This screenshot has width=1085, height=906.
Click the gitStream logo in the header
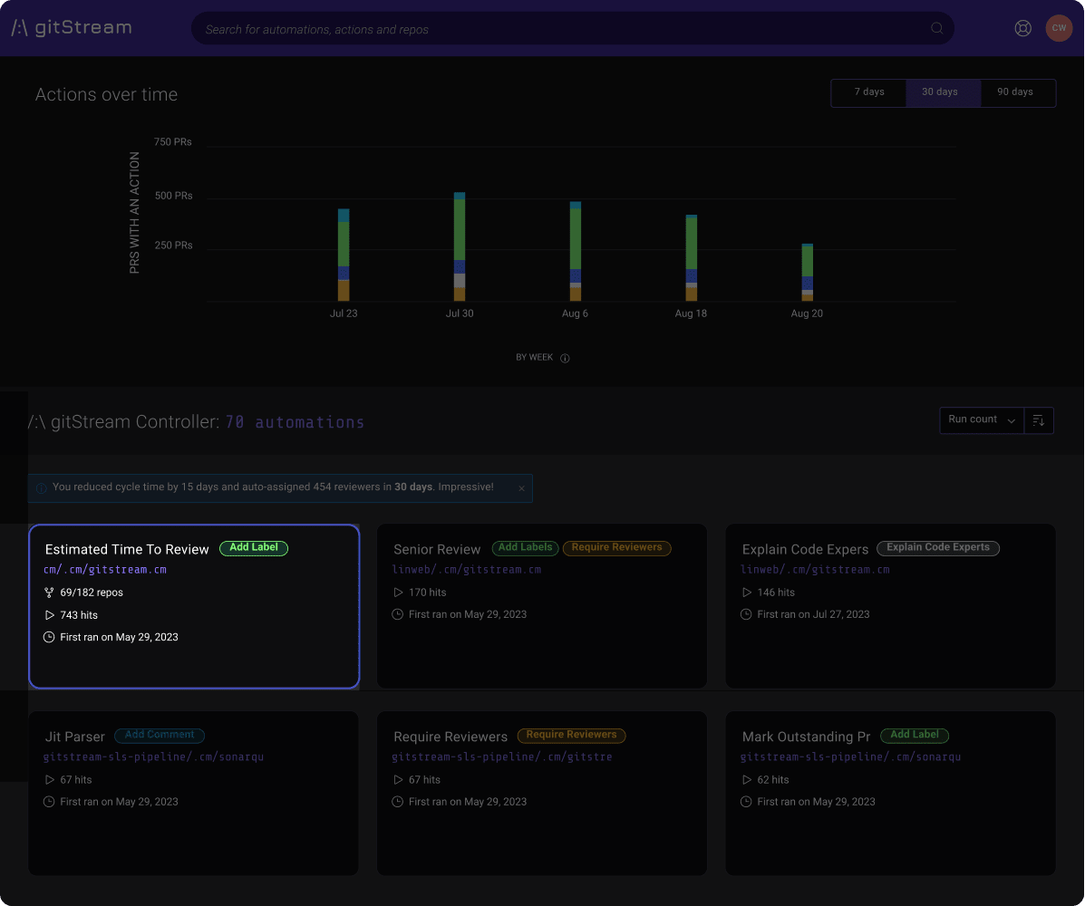click(72, 28)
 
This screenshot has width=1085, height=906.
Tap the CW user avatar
click(1059, 28)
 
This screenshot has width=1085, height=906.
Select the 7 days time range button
click(868, 92)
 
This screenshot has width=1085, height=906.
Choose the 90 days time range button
click(1015, 92)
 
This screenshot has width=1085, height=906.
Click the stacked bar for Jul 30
click(460, 246)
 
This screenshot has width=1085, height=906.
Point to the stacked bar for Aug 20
click(807, 273)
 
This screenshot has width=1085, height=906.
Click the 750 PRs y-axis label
click(172, 142)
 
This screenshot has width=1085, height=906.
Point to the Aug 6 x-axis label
click(575, 313)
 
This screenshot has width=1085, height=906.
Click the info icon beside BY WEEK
click(565, 358)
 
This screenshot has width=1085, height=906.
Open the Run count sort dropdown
click(982, 419)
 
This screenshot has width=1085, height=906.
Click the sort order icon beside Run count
click(1039, 420)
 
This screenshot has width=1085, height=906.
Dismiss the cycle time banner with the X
click(521, 488)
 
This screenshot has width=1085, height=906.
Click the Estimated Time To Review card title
click(127, 549)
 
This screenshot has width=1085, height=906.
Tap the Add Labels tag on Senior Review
click(526, 548)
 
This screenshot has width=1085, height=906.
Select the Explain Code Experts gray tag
click(938, 548)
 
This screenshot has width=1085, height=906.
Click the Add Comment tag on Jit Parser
click(160, 736)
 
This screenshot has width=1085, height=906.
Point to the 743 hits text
click(79, 615)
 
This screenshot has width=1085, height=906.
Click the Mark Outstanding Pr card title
click(806, 737)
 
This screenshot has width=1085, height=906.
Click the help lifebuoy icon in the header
click(1023, 28)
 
